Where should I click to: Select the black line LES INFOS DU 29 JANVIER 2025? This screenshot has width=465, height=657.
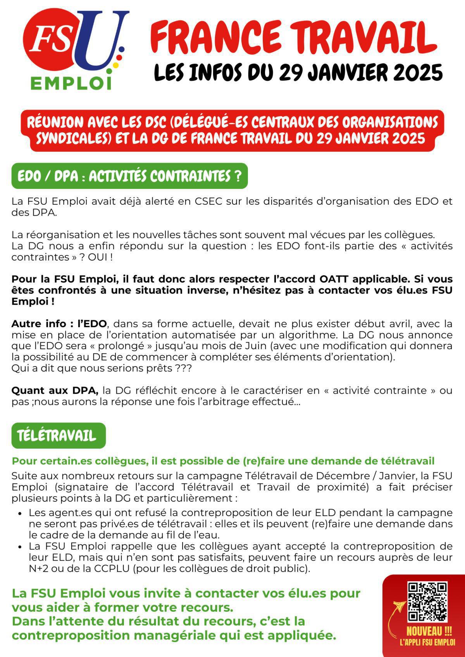click(x=298, y=72)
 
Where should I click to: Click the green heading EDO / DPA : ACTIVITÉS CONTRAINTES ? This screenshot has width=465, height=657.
click(x=129, y=176)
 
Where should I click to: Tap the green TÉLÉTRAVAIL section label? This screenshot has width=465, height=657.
click(x=57, y=436)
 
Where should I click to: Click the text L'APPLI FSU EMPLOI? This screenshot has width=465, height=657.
click(x=427, y=643)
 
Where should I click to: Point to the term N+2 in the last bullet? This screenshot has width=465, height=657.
click(x=37, y=569)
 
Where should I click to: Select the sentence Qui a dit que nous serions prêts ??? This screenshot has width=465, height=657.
click(x=101, y=368)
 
